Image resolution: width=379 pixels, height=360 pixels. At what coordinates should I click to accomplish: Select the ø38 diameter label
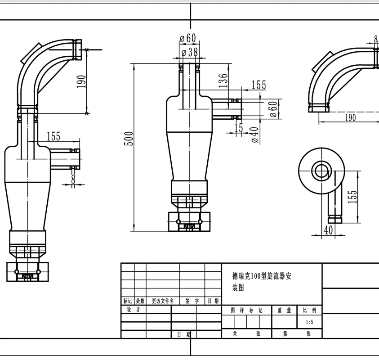tap(189, 52)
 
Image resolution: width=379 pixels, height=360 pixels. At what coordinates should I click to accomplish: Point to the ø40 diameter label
tap(255, 135)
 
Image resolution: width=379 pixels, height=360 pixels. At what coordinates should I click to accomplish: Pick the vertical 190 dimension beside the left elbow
tap(81, 82)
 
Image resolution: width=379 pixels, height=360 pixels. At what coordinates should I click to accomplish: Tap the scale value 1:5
tap(309, 322)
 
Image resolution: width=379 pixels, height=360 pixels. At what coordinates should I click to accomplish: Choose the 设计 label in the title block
tap(134, 310)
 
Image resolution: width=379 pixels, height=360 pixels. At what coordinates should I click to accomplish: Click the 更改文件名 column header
tap(163, 301)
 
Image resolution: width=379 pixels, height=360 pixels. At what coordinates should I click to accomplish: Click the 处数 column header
tap(140, 301)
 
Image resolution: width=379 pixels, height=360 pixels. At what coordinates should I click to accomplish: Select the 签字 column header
tap(192, 301)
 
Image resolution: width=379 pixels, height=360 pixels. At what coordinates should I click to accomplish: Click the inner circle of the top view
tap(321, 171)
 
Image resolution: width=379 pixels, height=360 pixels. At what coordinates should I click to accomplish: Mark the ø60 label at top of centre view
tap(187, 38)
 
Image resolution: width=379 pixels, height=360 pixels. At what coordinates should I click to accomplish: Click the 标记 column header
tap(128, 301)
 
